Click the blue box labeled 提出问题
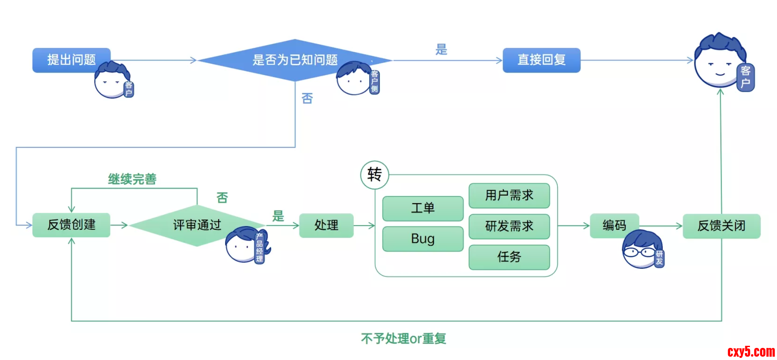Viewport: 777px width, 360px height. tap(71, 60)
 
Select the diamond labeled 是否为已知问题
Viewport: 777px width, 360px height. tap(294, 60)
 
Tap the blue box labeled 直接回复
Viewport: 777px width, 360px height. tap(541, 60)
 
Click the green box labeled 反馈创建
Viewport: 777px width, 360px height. tap(71, 225)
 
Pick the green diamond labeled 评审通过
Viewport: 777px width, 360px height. tap(197, 225)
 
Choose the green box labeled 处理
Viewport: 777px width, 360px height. tap(326, 225)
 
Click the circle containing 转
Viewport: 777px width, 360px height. tap(375, 175)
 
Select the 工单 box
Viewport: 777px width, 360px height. tap(422, 208)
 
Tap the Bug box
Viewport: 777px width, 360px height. tap(422, 239)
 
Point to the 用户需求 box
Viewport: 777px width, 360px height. tap(509, 195)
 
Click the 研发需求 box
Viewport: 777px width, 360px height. tap(509, 226)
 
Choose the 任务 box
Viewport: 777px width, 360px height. tap(509, 257)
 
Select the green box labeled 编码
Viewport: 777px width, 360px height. tap(614, 225)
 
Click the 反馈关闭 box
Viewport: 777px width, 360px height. tap(721, 226)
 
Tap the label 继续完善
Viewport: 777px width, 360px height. tap(132, 179)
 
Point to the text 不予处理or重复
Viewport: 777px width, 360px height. tap(403, 338)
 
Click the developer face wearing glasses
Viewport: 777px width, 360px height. tap(640, 250)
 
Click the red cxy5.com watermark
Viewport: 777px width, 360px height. tap(751, 352)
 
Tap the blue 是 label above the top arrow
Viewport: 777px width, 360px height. tap(441, 49)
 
